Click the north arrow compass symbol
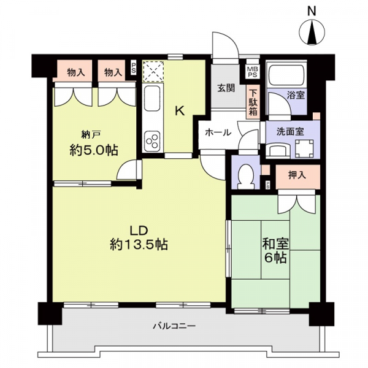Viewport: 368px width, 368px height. [312, 33]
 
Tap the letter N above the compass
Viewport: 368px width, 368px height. [312, 11]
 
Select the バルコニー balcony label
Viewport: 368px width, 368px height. [174, 326]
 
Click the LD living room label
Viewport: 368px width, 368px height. [139, 231]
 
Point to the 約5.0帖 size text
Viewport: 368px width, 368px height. [93, 150]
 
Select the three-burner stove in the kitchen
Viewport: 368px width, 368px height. [152, 141]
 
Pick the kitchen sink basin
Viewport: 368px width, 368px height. [152, 98]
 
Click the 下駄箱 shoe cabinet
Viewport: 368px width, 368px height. [253, 102]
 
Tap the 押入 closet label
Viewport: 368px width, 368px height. [297, 175]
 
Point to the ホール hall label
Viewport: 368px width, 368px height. [218, 133]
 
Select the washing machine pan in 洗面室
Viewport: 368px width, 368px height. [304, 148]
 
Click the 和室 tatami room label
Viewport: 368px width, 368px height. [275, 245]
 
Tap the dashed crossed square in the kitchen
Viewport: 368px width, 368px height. [153, 71]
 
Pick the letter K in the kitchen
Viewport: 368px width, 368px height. [180, 111]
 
